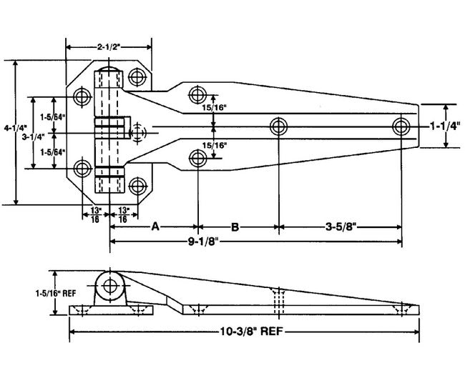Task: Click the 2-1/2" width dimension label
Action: coord(108,46)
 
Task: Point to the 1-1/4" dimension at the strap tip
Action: coord(446,126)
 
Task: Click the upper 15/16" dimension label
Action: coord(215,108)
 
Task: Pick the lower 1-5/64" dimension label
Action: coord(52,151)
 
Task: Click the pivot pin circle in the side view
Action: coord(111,286)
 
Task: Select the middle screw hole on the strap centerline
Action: coord(278,126)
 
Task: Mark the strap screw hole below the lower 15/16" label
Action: coord(197,158)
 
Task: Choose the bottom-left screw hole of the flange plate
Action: coord(83,169)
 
